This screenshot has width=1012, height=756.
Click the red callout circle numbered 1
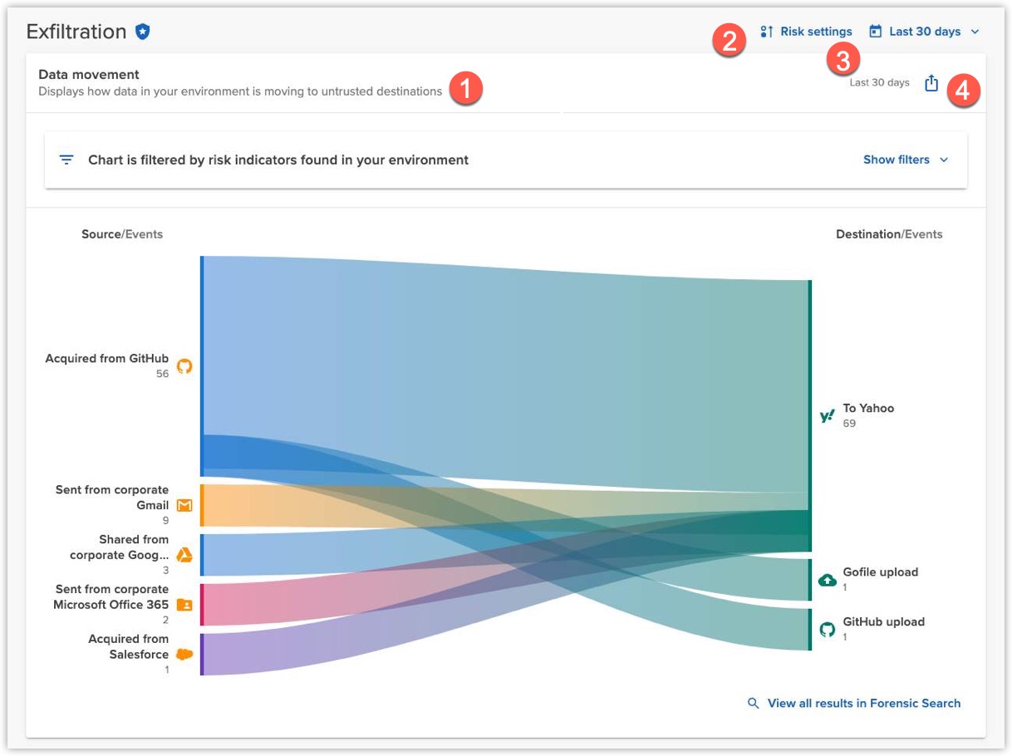[x=465, y=88]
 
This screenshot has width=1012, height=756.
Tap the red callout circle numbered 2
[x=729, y=40]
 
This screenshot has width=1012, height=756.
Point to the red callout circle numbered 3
[x=843, y=60]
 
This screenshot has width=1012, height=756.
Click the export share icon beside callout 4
[x=931, y=83]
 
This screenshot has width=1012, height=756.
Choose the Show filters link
[x=905, y=160]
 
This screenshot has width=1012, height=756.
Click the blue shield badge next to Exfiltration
[x=143, y=32]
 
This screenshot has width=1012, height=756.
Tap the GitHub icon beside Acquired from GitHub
[x=184, y=366]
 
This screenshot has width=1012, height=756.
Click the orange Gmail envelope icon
[x=184, y=505]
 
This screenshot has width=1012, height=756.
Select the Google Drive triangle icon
[x=184, y=555]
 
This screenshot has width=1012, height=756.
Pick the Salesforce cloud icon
[x=184, y=654]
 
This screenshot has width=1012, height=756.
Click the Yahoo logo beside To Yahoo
[x=827, y=416]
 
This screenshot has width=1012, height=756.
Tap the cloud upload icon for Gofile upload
[x=828, y=580]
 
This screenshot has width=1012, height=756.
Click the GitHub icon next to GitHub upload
[x=828, y=629]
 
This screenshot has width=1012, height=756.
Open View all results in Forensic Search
[x=862, y=703]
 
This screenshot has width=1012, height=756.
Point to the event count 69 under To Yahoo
[x=849, y=424]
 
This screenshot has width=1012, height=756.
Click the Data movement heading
[x=89, y=75]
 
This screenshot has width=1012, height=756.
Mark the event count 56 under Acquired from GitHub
[x=162, y=374]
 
